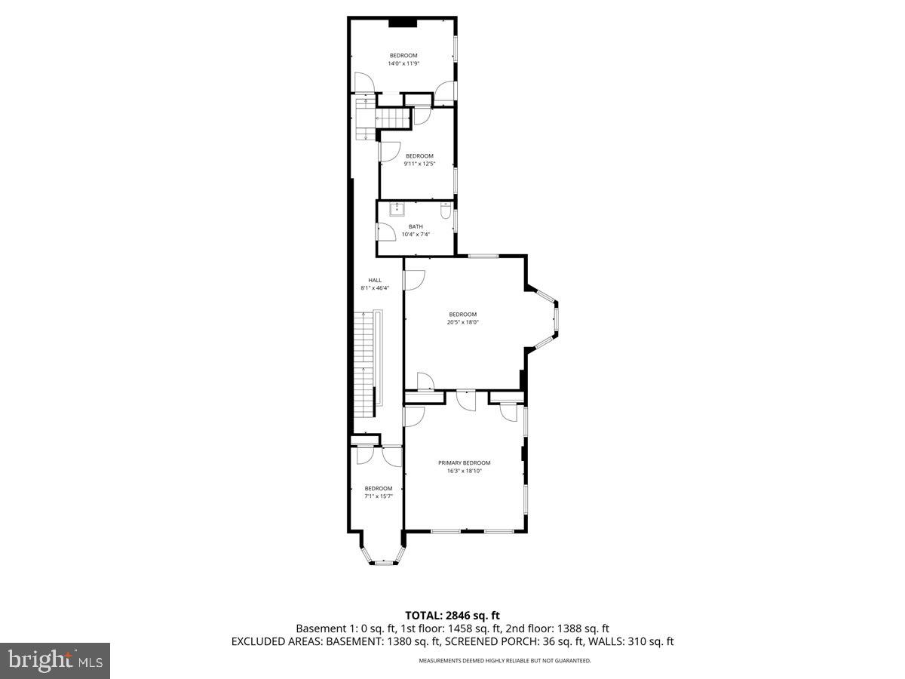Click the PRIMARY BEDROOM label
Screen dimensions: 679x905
464,462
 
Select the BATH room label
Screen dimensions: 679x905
416,226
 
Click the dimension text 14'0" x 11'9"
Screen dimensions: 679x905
403,63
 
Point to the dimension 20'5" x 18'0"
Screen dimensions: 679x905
462,322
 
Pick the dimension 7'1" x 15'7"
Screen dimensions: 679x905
378,496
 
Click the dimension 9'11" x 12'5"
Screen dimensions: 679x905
419,164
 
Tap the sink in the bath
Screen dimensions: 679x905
397,209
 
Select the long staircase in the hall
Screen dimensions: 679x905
365,362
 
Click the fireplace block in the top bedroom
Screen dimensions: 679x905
403,23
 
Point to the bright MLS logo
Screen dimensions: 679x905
55,661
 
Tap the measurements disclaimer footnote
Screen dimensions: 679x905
505,661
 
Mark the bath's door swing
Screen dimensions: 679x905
385,232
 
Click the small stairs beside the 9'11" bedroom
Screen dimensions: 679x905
392,118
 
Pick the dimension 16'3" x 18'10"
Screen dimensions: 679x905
464,471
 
